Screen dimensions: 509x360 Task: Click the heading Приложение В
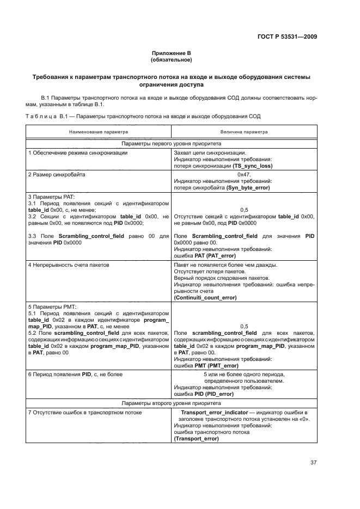[172, 53]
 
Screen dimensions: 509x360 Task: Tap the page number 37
[313, 462]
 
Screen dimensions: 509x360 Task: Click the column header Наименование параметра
[99, 132]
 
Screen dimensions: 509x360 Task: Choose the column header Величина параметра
[244, 132]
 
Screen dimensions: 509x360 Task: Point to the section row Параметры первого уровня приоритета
[172, 144]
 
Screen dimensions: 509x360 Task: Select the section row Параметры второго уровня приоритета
[172, 404]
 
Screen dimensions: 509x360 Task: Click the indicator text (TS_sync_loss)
[252, 165]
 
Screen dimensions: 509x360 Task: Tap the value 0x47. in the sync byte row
[244, 175]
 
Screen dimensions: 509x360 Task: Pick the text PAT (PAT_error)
[212, 255]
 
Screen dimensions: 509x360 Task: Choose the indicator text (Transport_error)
[196, 439]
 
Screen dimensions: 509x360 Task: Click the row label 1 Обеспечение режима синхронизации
[78, 153]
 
